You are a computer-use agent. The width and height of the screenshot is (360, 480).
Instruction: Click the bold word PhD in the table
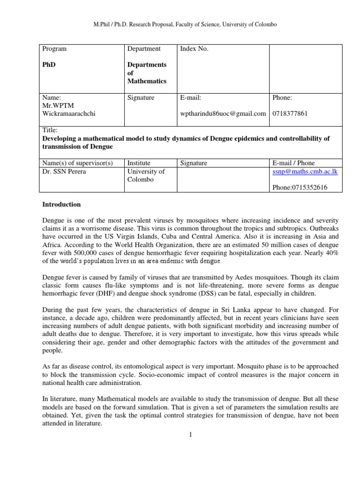[x=49, y=64]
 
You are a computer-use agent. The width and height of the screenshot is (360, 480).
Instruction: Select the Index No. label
[x=194, y=49]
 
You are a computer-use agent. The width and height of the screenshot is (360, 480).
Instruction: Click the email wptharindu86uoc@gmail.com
[x=223, y=114]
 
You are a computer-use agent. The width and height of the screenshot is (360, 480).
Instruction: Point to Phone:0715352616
[x=300, y=187]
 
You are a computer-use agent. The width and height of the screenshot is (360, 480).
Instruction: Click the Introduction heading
[x=61, y=204]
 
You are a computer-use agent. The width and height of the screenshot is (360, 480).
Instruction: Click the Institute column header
[x=139, y=163]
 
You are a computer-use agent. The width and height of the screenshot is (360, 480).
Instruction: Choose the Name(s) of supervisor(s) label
[x=78, y=163]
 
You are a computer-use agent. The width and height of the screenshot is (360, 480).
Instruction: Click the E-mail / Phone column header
[x=294, y=163]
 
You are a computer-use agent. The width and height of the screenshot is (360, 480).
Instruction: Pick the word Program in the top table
[x=54, y=49]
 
